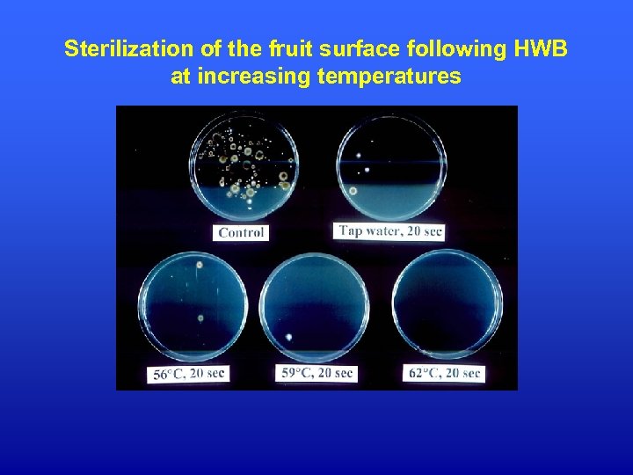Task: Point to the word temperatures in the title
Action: point(388,77)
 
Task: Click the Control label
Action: point(241,233)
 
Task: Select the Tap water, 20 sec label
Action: point(391,232)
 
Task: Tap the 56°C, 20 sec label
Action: point(189,374)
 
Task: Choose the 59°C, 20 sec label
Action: point(317,373)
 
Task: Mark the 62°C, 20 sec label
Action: point(445,373)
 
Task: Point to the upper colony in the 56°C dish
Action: point(200,263)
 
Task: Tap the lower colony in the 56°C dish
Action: point(201,318)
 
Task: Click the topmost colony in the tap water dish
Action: point(360,157)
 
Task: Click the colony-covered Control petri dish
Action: point(244,168)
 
